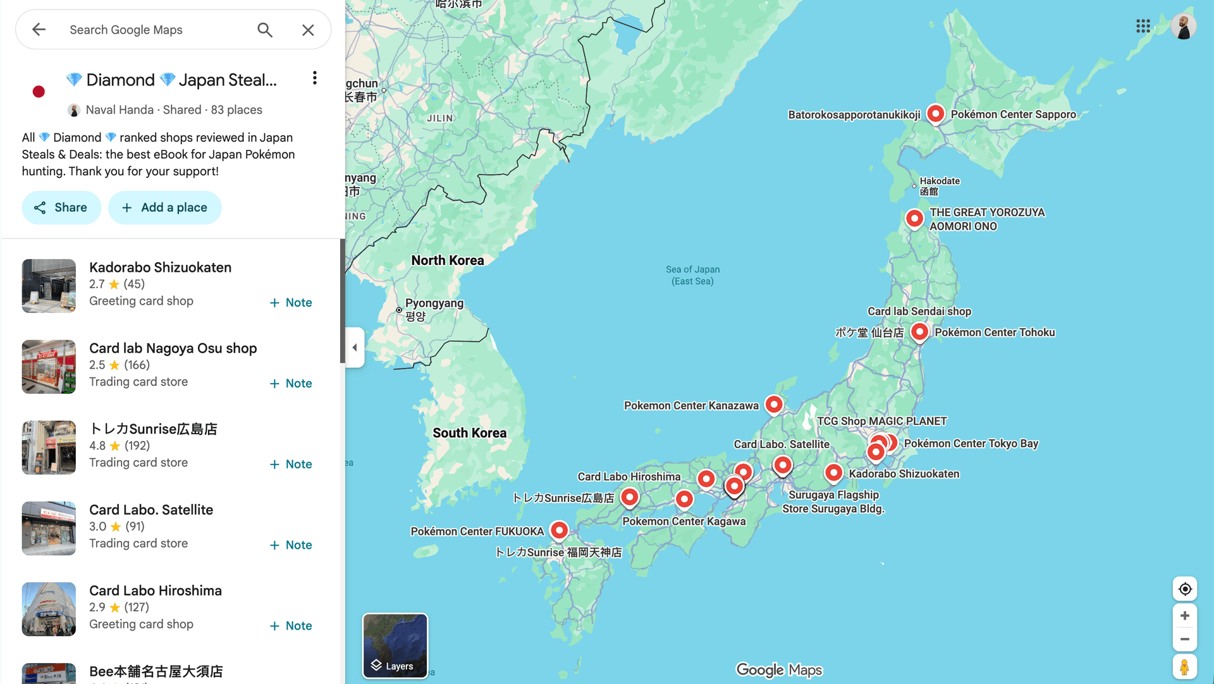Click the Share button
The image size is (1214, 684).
[x=61, y=207]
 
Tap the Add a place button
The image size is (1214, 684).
[x=164, y=207]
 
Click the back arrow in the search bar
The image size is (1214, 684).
[x=39, y=30]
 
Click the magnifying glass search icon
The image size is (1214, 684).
[x=265, y=30]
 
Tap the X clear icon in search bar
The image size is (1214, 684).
[x=308, y=30]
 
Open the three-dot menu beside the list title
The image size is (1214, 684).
[x=314, y=78]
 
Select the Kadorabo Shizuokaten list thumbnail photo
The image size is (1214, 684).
[x=49, y=286]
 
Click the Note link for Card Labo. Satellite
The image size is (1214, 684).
[x=291, y=545]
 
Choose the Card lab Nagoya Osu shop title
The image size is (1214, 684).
[x=173, y=348]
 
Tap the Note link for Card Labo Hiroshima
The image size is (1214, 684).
[x=291, y=626]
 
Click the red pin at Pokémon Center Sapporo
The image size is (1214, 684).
[x=935, y=114]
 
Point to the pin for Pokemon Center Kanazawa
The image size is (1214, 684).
[x=774, y=405]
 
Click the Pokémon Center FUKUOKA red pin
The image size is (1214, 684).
[x=559, y=530]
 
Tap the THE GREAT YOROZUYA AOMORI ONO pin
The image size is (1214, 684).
[x=914, y=219]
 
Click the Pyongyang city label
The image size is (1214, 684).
[x=434, y=303]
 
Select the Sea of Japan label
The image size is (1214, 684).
[x=692, y=275]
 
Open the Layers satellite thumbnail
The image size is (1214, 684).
[x=395, y=645]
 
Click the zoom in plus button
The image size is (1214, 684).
[x=1185, y=616]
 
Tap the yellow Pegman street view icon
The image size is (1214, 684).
[x=1185, y=668]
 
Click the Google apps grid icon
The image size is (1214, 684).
[x=1143, y=26]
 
